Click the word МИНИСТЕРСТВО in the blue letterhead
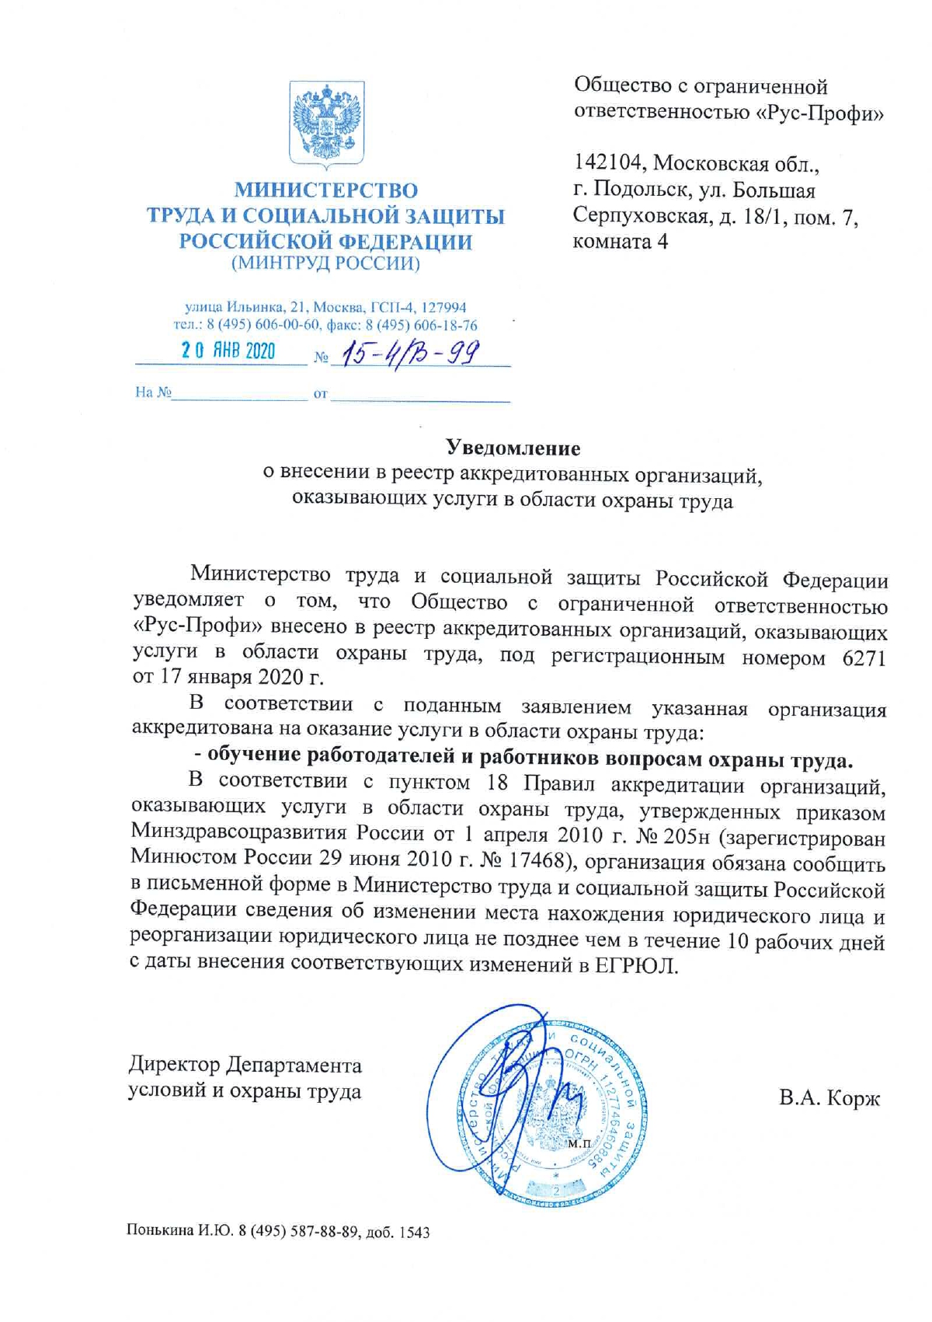coord(326,190)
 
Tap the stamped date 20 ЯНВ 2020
coord(228,351)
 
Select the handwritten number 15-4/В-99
coord(412,353)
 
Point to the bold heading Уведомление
coord(513,448)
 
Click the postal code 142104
coord(608,163)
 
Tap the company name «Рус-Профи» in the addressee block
coord(820,113)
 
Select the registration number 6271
coord(864,658)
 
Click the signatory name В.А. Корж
coord(829,1099)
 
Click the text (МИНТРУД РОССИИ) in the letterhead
coord(326,263)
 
